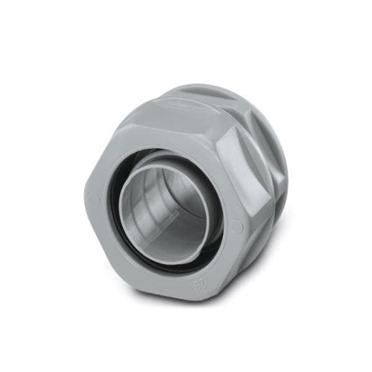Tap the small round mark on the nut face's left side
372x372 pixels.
(94, 200)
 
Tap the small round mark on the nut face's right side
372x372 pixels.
(236, 227)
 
